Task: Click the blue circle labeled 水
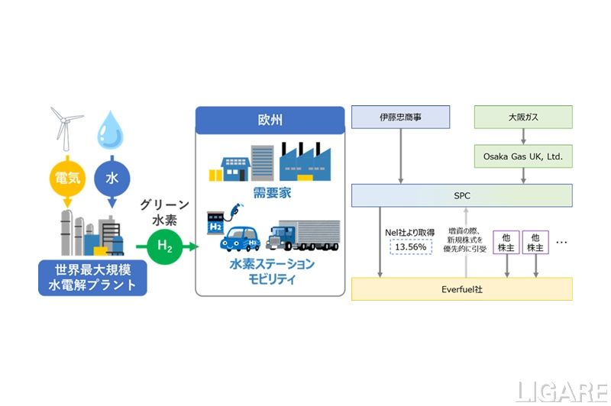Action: coord(112,178)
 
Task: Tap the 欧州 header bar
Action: coord(267,121)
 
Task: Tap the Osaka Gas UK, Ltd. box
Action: coord(523,156)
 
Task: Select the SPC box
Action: coord(461,195)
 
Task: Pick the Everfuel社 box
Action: coord(461,288)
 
